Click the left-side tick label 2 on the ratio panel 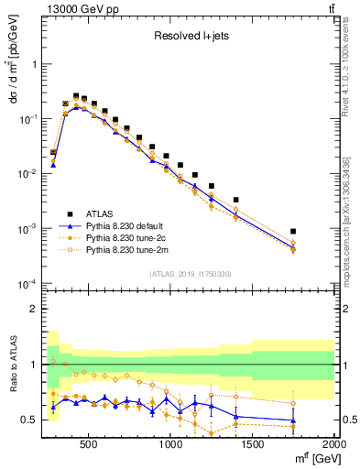[x=33, y=309]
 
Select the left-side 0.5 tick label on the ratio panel [x=28, y=420]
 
